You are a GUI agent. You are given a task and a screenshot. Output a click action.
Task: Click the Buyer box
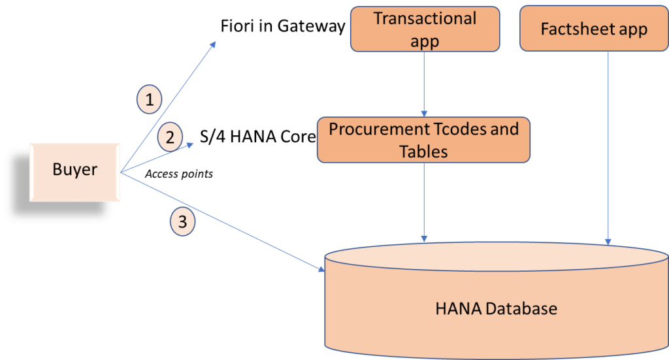[x=74, y=171]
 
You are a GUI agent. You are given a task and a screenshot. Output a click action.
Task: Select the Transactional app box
[x=424, y=29]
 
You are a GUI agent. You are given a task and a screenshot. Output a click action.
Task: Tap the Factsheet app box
[x=593, y=29]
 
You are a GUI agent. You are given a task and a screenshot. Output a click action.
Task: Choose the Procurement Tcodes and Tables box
[x=424, y=139]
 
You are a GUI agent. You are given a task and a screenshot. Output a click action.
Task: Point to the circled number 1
[x=150, y=99]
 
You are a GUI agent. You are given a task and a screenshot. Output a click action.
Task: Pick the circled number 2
[x=170, y=137]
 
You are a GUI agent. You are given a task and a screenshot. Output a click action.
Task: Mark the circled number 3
[x=182, y=222]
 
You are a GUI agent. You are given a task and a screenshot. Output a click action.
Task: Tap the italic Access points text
[x=178, y=174]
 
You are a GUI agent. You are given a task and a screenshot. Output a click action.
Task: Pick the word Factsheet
[x=572, y=29]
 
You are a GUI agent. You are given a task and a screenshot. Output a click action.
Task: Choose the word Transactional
[x=424, y=18]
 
